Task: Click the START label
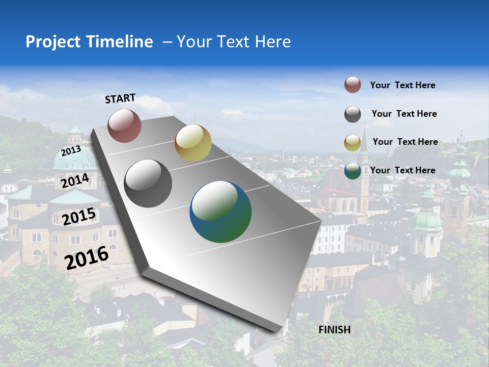[x=120, y=98]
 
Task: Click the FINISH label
[x=335, y=330]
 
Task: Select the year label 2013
[x=71, y=150]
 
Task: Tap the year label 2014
[x=75, y=180]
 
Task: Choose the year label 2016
[x=87, y=257]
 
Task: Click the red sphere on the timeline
[x=124, y=125]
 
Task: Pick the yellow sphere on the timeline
[x=193, y=143]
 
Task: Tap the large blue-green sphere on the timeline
[x=221, y=212]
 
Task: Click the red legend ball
[x=352, y=85]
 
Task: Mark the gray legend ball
[x=352, y=114]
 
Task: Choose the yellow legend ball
[x=352, y=143]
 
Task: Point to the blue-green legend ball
[x=352, y=171]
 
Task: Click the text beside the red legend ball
[x=402, y=85]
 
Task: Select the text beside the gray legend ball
[x=404, y=114]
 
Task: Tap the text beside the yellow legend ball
[x=405, y=142]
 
